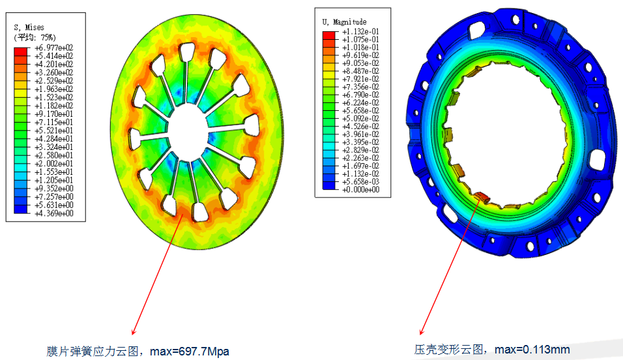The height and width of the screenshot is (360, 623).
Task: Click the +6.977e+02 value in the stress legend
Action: click(53, 48)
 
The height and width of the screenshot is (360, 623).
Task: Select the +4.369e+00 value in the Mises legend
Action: click(53, 213)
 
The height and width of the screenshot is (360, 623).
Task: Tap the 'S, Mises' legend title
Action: click(29, 27)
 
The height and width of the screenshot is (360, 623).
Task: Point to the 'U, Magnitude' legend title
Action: click(344, 22)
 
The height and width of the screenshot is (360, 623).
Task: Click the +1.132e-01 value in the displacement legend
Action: click(360, 31)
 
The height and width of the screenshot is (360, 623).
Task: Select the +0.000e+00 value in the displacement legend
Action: click(360, 189)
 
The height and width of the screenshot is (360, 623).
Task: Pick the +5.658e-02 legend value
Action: click(360, 111)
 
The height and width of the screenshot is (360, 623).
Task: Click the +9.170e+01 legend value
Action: click(53, 113)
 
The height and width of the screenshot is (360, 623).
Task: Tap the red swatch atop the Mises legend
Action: click(21, 52)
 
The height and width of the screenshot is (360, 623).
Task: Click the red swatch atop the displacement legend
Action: click(328, 35)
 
